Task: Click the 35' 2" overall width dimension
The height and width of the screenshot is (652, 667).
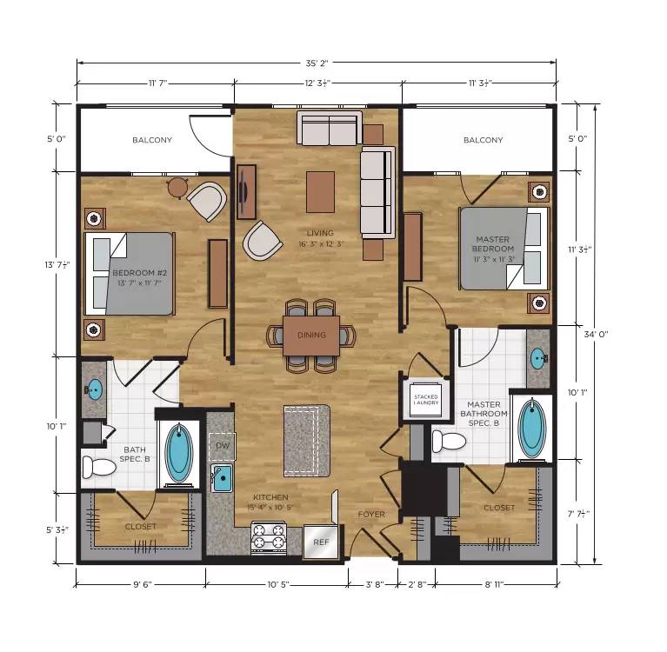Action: (x=317, y=63)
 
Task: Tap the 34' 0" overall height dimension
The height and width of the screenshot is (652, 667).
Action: (x=596, y=335)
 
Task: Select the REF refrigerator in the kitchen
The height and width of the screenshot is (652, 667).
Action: (x=321, y=542)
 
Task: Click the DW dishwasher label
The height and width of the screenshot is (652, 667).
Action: (x=223, y=446)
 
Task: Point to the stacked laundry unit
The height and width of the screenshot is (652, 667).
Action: (x=425, y=400)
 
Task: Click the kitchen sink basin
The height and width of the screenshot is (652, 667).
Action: (x=222, y=478)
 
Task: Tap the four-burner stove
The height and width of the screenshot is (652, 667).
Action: (x=269, y=537)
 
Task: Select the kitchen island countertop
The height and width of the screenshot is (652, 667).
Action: (x=307, y=441)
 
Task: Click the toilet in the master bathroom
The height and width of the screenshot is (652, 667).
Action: (x=449, y=441)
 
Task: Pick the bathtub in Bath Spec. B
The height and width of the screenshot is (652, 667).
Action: (x=178, y=455)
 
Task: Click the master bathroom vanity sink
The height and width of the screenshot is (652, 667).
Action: (x=538, y=358)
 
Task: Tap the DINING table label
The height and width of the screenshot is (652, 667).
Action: (x=311, y=336)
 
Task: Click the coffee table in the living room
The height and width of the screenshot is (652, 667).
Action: (x=320, y=192)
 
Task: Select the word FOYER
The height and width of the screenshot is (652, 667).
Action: (x=371, y=515)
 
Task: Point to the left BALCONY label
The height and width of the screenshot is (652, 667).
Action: (x=152, y=140)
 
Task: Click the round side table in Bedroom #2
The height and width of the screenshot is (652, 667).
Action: (x=177, y=188)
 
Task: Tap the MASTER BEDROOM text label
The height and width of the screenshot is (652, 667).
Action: (x=493, y=244)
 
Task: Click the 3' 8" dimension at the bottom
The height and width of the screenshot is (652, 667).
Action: (x=375, y=584)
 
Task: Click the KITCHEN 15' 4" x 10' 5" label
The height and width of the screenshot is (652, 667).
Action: (x=270, y=502)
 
